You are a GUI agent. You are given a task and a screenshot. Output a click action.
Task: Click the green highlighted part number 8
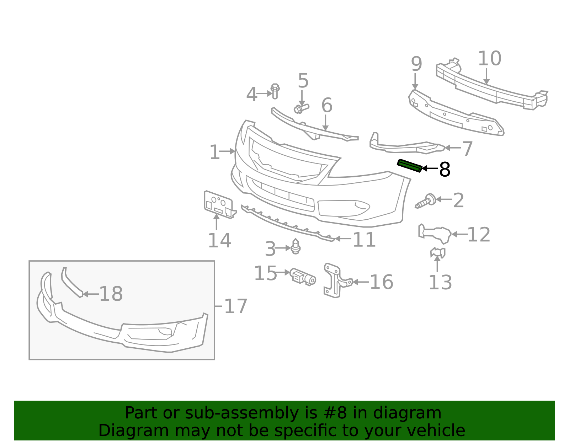click(x=409, y=165)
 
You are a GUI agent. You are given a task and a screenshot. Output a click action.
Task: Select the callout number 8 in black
click(x=445, y=170)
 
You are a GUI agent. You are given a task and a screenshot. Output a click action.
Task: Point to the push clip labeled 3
click(x=296, y=247)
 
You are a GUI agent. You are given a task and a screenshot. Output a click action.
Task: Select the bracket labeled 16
click(x=334, y=280)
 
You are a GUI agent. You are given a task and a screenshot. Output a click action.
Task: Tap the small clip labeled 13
click(x=438, y=252)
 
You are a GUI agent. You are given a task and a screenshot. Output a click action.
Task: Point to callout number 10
click(x=489, y=59)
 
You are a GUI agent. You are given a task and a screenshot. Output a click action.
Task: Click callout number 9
click(x=416, y=64)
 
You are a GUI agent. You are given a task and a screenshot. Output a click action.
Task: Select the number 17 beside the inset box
click(x=235, y=306)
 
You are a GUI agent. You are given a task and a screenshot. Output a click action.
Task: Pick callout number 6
click(x=326, y=106)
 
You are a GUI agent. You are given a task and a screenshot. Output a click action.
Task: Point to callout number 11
click(x=364, y=240)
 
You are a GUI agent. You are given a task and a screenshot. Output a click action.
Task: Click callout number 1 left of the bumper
click(x=214, y=152)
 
